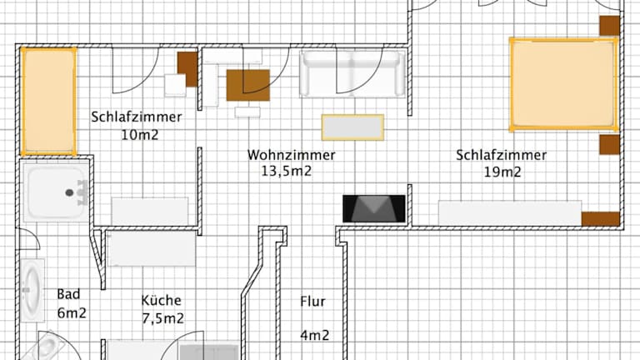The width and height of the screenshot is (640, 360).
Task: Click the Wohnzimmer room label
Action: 291,155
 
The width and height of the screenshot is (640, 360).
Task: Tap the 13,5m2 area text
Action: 286,171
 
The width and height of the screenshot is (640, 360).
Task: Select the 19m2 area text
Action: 502,172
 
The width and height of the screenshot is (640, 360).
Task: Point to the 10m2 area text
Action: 140,134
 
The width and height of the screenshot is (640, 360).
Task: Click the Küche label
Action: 161,300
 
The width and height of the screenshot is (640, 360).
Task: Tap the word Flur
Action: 312,302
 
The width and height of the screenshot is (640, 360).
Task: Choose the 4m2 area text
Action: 315,335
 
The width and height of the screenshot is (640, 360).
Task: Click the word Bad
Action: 68,294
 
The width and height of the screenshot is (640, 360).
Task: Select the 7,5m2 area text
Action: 162,318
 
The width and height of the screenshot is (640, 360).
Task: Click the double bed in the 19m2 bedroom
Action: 563,84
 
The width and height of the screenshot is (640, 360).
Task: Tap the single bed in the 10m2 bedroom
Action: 48,101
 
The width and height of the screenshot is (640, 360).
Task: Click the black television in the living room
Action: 374,208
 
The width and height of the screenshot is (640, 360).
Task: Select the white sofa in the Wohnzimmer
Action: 352,74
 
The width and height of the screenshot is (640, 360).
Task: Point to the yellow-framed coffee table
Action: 352,127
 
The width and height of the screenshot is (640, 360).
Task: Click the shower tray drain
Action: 69,192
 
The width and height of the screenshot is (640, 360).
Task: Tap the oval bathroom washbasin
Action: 32,290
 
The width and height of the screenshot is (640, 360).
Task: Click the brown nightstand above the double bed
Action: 609,26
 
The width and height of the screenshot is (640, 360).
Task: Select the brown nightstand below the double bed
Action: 609,145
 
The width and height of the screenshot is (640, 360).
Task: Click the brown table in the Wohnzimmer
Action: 248,85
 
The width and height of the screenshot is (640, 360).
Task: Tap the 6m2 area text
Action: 72,313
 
